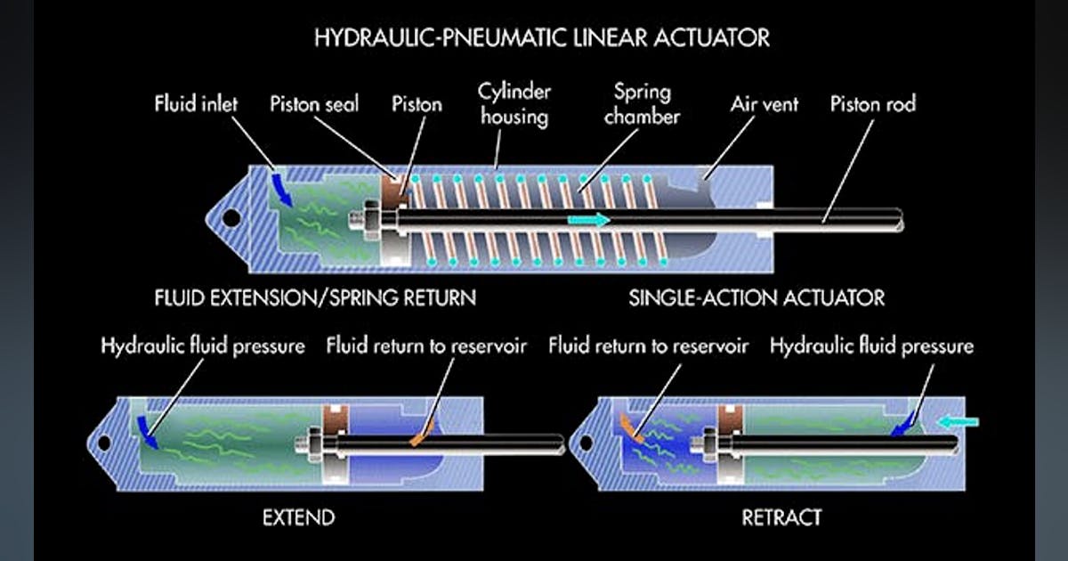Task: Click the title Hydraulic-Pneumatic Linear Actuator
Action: click(542, 38)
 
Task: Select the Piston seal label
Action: click(314, 104)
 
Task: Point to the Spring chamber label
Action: click(641, 104)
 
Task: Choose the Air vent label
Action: click(764, 104)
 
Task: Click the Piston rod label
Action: click(872, 104)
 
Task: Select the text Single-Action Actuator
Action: click(756, 297)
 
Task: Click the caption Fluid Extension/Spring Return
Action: click(315, 297)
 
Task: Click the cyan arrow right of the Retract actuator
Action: click(959, 420)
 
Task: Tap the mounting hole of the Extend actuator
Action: click(104, 442)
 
